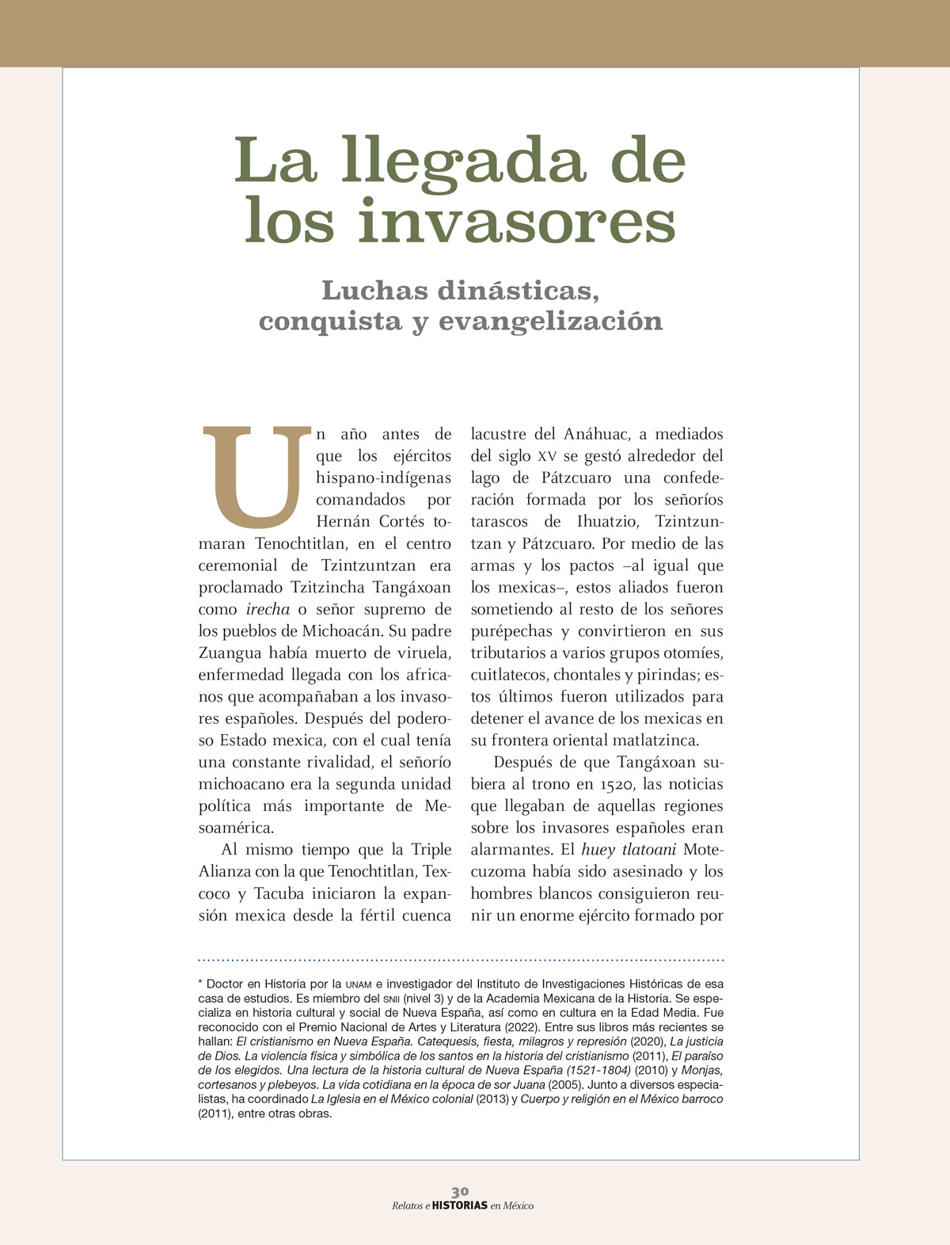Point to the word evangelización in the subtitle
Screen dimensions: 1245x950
[550, 322]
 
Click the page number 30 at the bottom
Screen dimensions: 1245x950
[460, 1191]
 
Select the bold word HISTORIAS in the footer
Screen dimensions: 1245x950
[460, 1205]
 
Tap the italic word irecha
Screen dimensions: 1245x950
[268, 610]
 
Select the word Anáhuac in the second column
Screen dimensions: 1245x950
[596, 434]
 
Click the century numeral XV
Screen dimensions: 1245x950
[546, 457]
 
